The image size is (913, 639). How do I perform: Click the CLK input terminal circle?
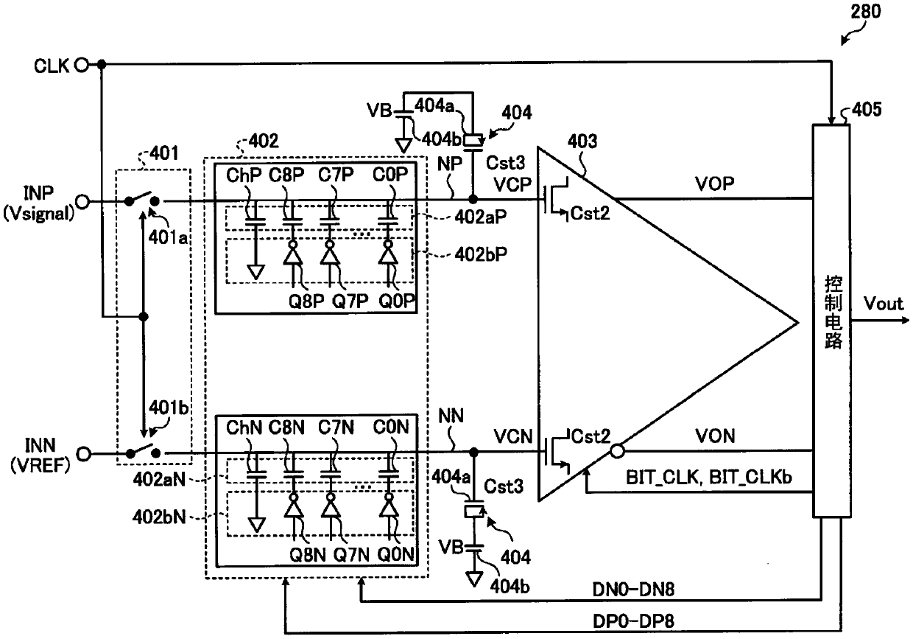(x=82, y=64)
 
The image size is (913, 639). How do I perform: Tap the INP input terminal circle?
(x=82, y=201)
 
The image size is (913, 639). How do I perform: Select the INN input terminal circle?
(x=83, y=454)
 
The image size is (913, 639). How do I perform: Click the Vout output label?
(x=884, y=304)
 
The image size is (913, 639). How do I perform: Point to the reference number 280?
(x=866, y=11)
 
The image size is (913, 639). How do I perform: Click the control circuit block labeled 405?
(x=831, y=321)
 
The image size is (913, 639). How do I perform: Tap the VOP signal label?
(x=714, y=184)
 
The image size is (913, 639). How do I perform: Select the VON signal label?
(x=716, y=436)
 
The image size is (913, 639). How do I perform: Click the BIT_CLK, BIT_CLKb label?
(x=709, y=478)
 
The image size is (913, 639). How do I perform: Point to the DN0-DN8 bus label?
(x=633, y=589)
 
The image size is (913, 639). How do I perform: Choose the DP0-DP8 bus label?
(x=633, y=621)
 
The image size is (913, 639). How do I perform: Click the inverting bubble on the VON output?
(x=617, y=451)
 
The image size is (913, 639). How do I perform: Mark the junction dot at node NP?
(x=473, y=199)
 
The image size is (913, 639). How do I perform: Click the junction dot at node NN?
(x=473, y=452)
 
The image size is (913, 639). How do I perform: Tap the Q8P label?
(x=306, y=301)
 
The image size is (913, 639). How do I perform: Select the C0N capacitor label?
(x=390, y=427)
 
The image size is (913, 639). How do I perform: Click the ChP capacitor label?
(x=244, y=175)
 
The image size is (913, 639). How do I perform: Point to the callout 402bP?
(x=481, y=254)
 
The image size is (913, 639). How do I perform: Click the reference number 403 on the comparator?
(x=582, y=142)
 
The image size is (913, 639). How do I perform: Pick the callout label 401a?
(x=168, y=237)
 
